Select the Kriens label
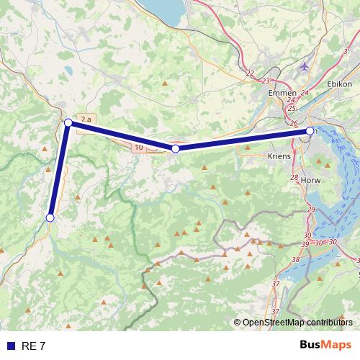pyautogui.click(x=279, y=156)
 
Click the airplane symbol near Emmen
pyautogui.click(x=305, y=66)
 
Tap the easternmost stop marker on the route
pyautogui.click(x=310, y=131)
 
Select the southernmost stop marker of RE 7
pyautogui.click(x=50, y=217)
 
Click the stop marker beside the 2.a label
pyautogui.click(x=68, y=123)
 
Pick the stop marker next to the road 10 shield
pyautogui.click(x=175, y=148)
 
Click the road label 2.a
pyautogui.click(x=86, y=119)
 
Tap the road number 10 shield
pyautogui.click(x=138, y=148)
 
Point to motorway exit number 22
pyautogui.click(x=250, y=73)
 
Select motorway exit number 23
pyautogui.click(x=266, y=81)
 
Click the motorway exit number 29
pyautogui.click(x=311, y=209)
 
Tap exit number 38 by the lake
pyautogui.click(x=295, y=259)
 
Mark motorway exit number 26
pyautogui.click(x=294, y=123)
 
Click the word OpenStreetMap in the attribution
pyautogui.click(x=274, y=323)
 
